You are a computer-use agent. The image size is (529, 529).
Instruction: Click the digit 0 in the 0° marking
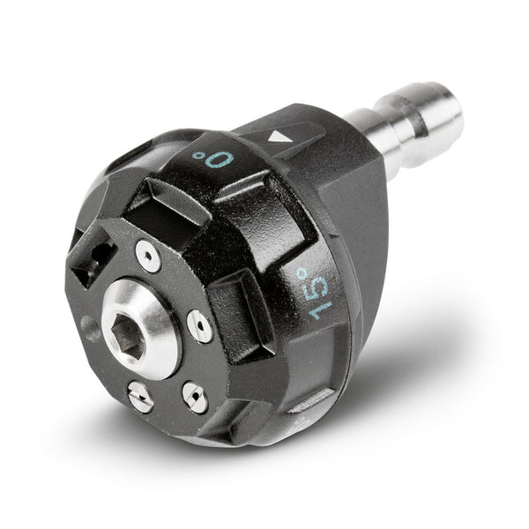221,160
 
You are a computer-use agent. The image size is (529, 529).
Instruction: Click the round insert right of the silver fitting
200,326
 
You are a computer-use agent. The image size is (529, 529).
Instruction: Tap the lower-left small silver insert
141,397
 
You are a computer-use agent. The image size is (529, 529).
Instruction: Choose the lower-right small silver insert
195,397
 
